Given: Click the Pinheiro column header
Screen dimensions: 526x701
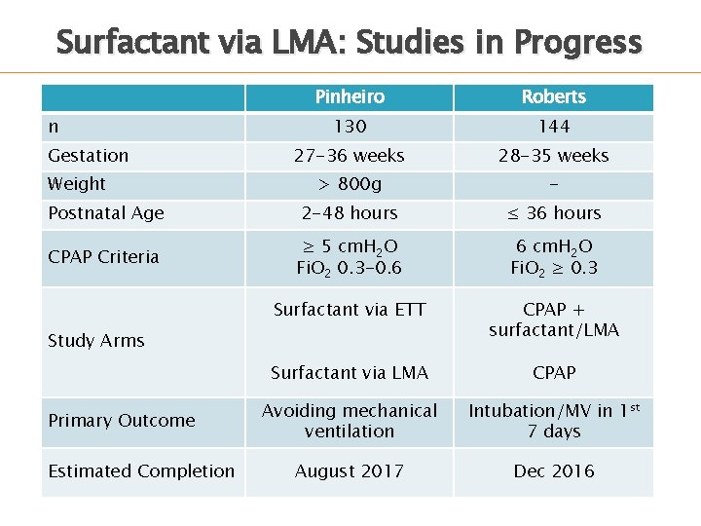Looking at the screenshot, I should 350,96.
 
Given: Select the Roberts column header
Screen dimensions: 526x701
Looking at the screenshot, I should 553,96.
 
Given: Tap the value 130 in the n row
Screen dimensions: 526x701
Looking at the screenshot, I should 350,127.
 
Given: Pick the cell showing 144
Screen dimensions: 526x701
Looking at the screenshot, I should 553,127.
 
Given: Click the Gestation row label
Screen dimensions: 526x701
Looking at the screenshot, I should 89,156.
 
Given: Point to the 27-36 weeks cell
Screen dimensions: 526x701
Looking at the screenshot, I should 350,156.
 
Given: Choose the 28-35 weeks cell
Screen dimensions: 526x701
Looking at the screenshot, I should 553,156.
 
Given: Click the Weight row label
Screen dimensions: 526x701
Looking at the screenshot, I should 77,184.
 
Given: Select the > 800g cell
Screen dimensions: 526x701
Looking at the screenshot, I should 350,184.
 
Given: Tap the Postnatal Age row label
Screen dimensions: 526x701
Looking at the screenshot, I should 106,213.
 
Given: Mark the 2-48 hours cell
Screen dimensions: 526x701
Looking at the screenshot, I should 350,213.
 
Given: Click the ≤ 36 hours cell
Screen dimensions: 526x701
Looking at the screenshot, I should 553,213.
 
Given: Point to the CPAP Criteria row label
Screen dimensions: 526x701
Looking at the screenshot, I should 103,257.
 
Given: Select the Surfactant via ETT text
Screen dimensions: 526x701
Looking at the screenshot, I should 350,311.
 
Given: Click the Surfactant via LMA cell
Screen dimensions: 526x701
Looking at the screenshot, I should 350,372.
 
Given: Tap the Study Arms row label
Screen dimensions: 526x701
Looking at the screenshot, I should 96,341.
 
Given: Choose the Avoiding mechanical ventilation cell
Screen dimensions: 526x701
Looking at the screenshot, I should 350,421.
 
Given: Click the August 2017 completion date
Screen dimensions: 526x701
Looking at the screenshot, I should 350,471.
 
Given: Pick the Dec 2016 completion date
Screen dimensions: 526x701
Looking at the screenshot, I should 553,471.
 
